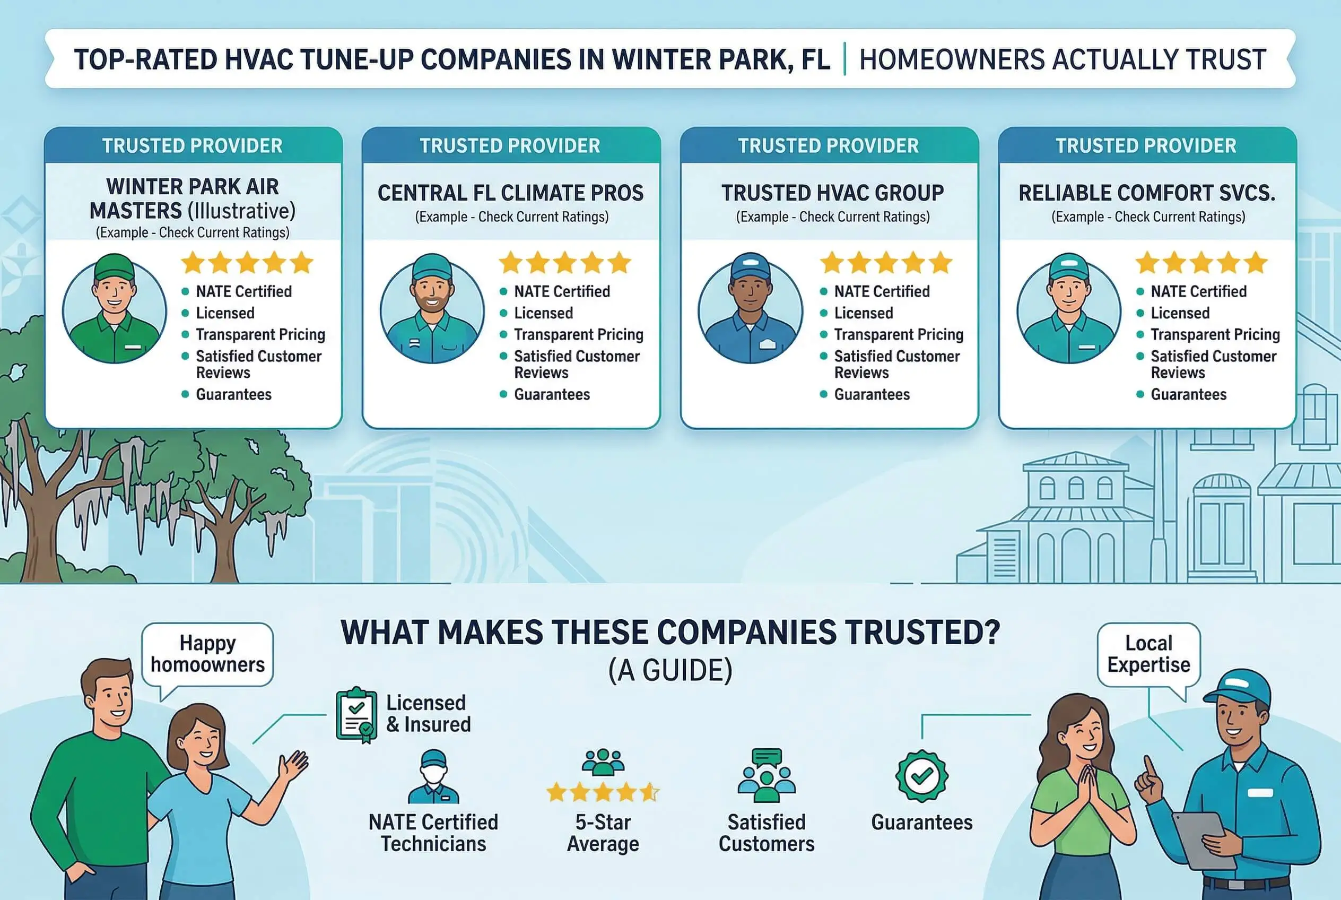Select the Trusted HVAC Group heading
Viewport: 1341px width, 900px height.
pyautogui.click(x=833, y=193)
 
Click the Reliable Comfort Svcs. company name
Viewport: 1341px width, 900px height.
pyautogui.click(x=1147, y=193)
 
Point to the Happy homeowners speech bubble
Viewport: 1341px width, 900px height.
pyautogui.click(x=208, y=654)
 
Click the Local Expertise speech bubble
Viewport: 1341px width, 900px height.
pyautogui.click(x=1149, y=654)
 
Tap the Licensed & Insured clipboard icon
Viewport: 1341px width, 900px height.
pyautogui.click(x=356, y=715)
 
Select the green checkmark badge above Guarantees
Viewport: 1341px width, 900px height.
pyautogui.click(x=921, y=776)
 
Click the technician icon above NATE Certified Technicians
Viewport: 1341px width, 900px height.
pyautogui.click(x=434, y=776)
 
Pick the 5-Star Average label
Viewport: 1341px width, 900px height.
pyautogui.click(x=603, y=833)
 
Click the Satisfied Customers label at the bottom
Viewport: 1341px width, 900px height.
pyautogui.click(x=767, y=833)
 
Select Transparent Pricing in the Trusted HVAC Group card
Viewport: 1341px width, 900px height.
pyautogui.click(x=899, y=335)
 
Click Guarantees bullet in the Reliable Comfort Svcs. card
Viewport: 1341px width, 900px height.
pyautogui.click(x=1188, y=394)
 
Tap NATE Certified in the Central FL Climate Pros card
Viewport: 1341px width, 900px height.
pyautogui.click(x=562, y=291)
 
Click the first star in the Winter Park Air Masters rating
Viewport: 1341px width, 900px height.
pyautogui.click(x=193, y=263)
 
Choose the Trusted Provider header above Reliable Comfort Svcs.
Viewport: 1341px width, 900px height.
pyautogui.click(x=1146, y=146)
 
